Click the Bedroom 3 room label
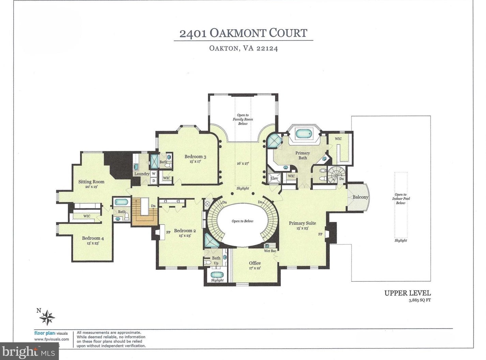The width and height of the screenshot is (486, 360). pyautogui.click(x=195, y=157)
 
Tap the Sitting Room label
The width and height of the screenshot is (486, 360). pyautogui.click(x=91, y=182)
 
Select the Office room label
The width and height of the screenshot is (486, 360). pyautogui.click(x=255, y=263)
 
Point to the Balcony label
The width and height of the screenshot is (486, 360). pyautogui.click(x=360, y=197)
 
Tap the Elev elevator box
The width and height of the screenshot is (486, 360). pyautogui.click(x=274, y=178)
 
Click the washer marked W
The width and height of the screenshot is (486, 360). pyautogui.click(x=154, y=174)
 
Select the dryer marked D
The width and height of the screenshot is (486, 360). pyautogui.click(x=154, y=181)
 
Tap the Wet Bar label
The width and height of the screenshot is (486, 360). pyautogui.click(x=270, y=251)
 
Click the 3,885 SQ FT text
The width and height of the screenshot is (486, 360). pyautogui.click(x=420, y=300)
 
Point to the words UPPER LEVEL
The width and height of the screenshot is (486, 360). pyautogui.click(x=408, y=293)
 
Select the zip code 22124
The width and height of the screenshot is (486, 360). pyautogui.click(x=267, y=48)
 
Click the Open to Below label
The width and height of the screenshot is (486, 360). pyautogui.click(x=242, y=221)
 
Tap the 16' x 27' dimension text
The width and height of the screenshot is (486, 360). pyautogui.click(x=243, y=163)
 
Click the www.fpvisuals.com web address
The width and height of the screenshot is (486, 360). pyautogui.click(x=52, y=339)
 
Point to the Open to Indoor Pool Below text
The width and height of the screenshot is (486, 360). pyautogui.click(x=400, y=199)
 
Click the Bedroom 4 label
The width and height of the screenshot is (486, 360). pyautogui.click(x=93, y=238)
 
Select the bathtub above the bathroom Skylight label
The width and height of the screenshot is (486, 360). pyautogui.click(x=217, y=275)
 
